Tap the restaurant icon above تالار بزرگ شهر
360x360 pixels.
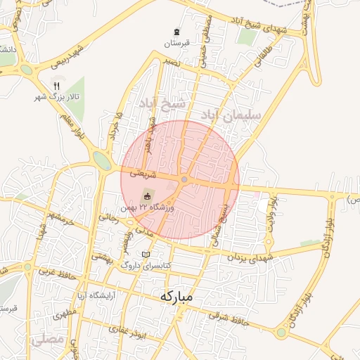[x=56, y=86]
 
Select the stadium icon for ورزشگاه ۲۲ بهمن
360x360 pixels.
[x=147, y=195]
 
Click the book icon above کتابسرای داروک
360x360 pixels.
[x=146, y=255]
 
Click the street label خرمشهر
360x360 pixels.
[x=61, y=211]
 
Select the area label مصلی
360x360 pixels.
[x=48, y=340]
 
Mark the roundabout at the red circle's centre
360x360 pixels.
[x=184, y=180]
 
